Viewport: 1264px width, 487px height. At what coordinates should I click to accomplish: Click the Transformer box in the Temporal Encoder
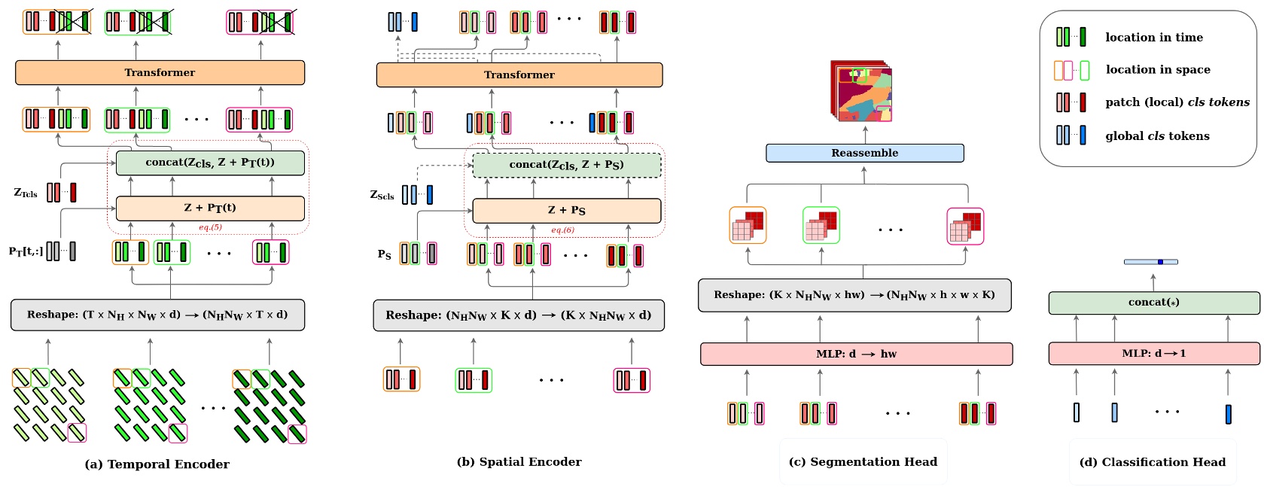click(x=160, y=73)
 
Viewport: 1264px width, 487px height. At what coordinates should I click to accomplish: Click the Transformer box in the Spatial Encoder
click(x=519, y=75)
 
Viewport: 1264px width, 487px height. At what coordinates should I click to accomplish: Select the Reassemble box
click(x=864, y=154)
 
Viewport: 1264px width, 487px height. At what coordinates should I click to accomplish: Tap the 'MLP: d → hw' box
click(x=856, y=354)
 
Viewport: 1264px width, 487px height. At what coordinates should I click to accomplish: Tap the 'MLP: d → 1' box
click(x=1153, y=353)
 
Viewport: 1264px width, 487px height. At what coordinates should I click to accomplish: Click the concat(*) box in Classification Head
click(x=1153, y=303)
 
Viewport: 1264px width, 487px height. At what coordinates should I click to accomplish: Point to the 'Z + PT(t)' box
click(x=210, y=208)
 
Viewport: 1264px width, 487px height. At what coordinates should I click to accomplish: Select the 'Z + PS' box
click(x=566, y=210)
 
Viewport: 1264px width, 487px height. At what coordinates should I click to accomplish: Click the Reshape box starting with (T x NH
click(x=157, y=315)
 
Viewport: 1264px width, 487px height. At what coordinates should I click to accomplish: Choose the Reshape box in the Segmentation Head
click(x=854, y=295)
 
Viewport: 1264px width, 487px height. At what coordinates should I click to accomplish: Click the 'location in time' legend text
click(x=1153, y=38)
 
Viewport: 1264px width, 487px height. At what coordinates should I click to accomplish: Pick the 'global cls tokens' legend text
click(x=1157, y=136)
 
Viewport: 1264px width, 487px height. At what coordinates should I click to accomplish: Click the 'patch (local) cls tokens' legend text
click(x=1177, y=102)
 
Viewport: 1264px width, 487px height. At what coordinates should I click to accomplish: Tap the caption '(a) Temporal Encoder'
click(x=157, y=464)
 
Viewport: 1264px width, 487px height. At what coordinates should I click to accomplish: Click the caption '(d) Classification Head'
click(x=1152, y=462)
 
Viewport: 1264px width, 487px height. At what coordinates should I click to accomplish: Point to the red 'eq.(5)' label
click(x=210, y=227)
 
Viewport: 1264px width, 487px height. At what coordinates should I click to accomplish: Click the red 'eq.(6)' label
click(x=562, y=230)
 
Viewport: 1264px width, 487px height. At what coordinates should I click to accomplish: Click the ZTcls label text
click(x=26, y=193)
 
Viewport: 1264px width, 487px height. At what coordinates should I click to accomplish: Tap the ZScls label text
click(x=382, y=195)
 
